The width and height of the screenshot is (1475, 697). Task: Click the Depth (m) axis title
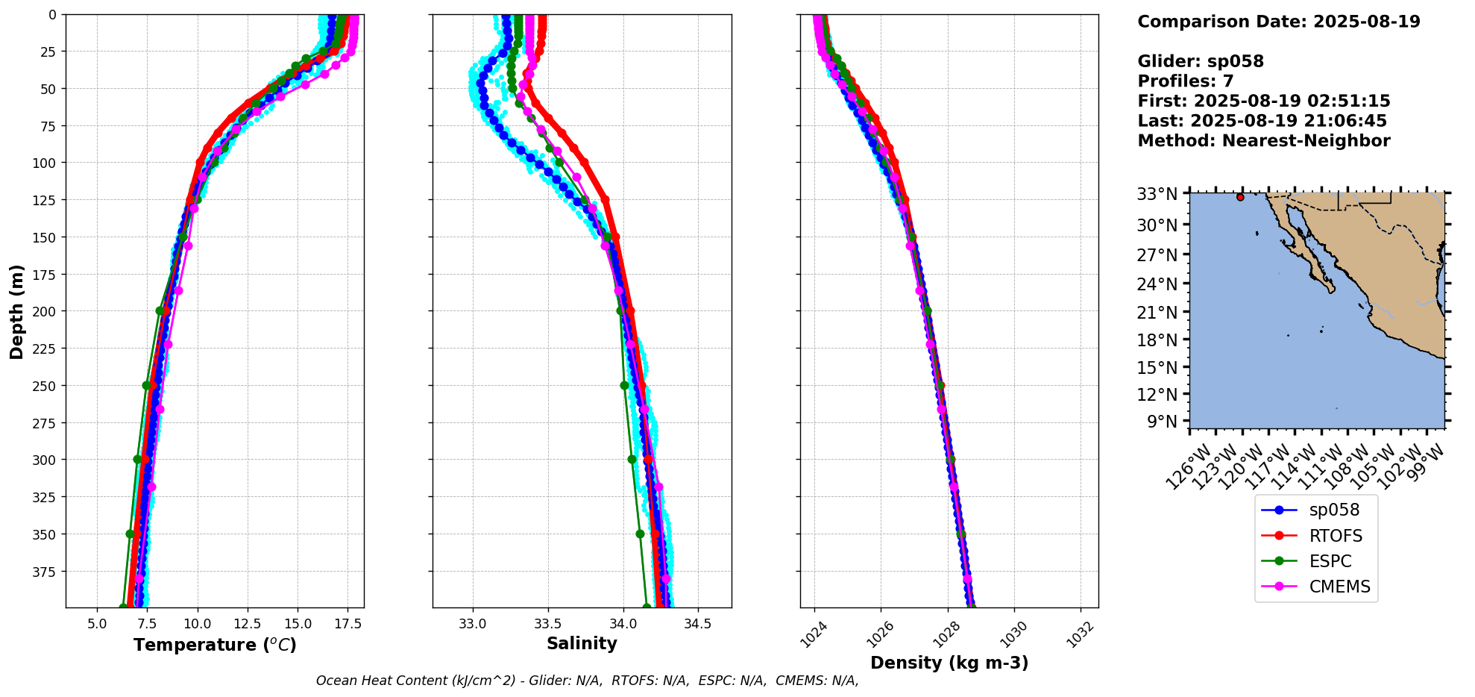(x=16, y=311)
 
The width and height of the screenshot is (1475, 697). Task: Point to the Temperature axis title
(x=215, y=645)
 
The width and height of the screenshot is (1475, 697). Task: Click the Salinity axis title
(x=582, y=644)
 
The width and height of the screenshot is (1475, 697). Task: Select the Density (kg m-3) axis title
(x=949, y=663)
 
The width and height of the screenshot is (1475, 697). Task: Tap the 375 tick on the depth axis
(x=46, y=572)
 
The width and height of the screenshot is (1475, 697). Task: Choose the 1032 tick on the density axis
(x=1080, y=635)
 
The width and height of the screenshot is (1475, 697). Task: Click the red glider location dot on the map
(x=1240, y=197)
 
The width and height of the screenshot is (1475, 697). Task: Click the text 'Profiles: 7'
(x=1185, y=81)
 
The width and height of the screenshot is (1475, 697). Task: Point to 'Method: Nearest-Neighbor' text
(x=1263, y=141)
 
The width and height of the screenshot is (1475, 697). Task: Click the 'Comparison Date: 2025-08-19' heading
(x=1278, y=22)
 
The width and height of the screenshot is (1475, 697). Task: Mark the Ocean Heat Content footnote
(x=587, y=681)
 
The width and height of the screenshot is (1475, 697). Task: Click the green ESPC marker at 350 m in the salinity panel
(x=640, y=534)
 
